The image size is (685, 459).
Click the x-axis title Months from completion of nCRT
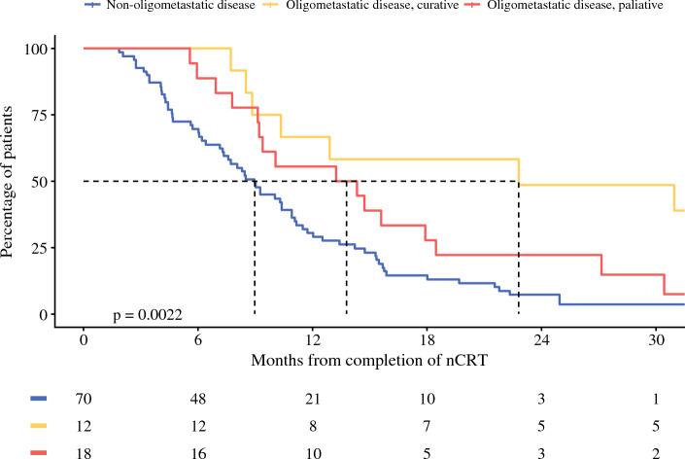point(369,360)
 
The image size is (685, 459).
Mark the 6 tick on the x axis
point(197,341)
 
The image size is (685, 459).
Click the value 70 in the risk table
point(84,399)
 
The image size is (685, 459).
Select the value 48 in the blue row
point(197,399)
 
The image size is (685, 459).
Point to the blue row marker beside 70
point(39,399)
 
